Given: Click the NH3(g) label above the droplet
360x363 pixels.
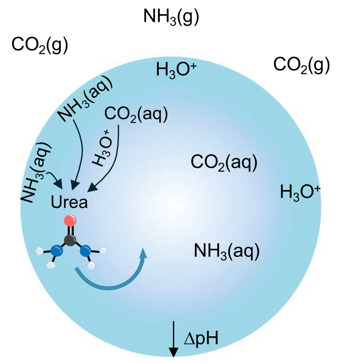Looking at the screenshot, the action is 171,17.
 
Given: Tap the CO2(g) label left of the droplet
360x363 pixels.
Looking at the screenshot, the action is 40,45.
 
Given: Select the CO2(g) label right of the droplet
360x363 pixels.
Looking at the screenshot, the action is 301,65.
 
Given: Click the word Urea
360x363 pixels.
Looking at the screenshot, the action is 69,202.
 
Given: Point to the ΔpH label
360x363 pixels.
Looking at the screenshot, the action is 201,339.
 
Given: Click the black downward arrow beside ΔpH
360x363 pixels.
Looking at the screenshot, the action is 173,339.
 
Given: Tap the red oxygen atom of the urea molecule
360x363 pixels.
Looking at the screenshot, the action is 70,221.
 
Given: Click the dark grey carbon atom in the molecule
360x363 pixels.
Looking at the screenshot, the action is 70,240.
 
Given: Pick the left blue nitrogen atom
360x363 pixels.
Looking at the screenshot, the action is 57,251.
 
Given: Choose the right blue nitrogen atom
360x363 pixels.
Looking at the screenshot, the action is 85,251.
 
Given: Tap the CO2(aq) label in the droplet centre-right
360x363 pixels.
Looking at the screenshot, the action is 224,163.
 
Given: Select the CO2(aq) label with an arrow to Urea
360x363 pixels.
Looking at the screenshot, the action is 136,114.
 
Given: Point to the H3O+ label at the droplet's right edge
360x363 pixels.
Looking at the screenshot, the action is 300,193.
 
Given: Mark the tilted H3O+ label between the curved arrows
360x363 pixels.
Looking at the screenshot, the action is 101,148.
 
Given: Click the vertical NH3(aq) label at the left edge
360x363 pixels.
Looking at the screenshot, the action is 35,173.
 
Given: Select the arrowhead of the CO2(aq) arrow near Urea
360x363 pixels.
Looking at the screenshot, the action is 92,187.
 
